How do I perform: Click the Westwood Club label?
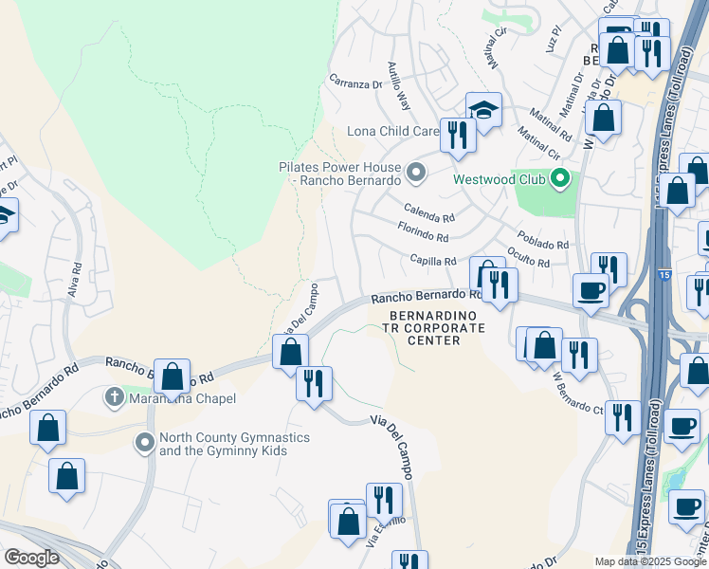tap(500, 178)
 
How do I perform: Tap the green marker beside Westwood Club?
tap(561, 177)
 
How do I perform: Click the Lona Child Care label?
tap(393, 131)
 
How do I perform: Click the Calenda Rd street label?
tap(428, 211)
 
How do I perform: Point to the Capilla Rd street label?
tap(433, 261)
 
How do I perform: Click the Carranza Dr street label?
tap(354, 83)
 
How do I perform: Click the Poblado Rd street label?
tap(543, 239)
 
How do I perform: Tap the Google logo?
tap(32, 557)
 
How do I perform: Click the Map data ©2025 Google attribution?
tap(651, 561)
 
